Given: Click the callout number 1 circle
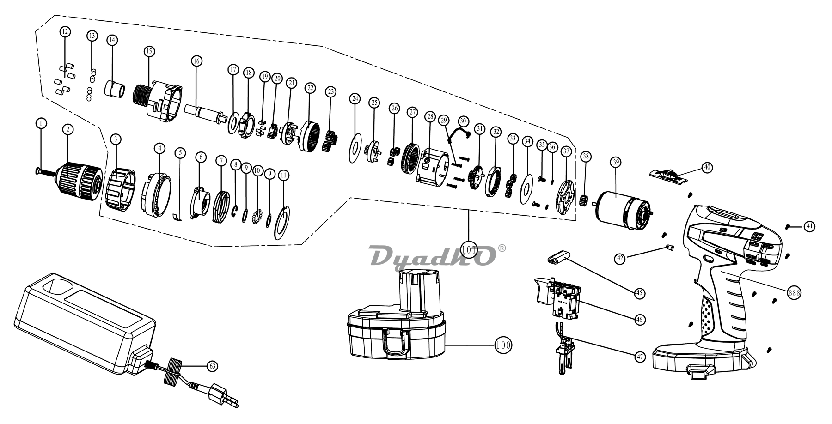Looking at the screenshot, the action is point(42,123).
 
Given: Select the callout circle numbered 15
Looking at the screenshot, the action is point(148,52).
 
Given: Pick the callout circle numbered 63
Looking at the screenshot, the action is point(212,366).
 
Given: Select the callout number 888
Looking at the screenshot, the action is point(795,293).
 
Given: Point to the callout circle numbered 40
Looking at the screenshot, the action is point(707,168).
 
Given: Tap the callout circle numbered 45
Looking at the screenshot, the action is point(640,293).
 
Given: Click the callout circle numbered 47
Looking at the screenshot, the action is point(640,357).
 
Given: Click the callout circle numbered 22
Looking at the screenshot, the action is point(310,88).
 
